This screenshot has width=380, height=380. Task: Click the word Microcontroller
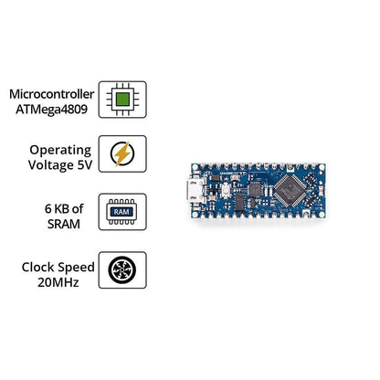coord(51,94)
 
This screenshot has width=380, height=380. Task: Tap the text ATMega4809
coord(51,110)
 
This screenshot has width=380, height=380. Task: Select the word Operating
coord(60,151)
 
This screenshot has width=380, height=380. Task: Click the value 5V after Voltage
coord(85,165)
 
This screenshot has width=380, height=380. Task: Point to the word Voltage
coord(51,165)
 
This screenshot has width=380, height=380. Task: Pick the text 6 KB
coord(57,209)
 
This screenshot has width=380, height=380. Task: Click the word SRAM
coord(64,224)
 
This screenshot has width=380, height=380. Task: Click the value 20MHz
coord(58,282)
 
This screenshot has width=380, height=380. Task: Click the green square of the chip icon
coord(122,100)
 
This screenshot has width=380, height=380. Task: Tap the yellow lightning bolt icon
coord(122,153)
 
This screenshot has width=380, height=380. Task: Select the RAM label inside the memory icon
coord(121,212)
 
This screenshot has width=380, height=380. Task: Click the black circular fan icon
coord(122,270)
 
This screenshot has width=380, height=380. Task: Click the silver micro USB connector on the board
coord(195,191)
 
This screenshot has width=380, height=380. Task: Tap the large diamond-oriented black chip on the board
coord(290,190)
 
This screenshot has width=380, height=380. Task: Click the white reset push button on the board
coord(226,190)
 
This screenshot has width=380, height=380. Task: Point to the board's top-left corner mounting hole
coord(195,167)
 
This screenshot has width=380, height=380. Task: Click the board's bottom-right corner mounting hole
coord(322,214)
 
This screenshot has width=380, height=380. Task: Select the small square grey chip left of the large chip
coord(255,190)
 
